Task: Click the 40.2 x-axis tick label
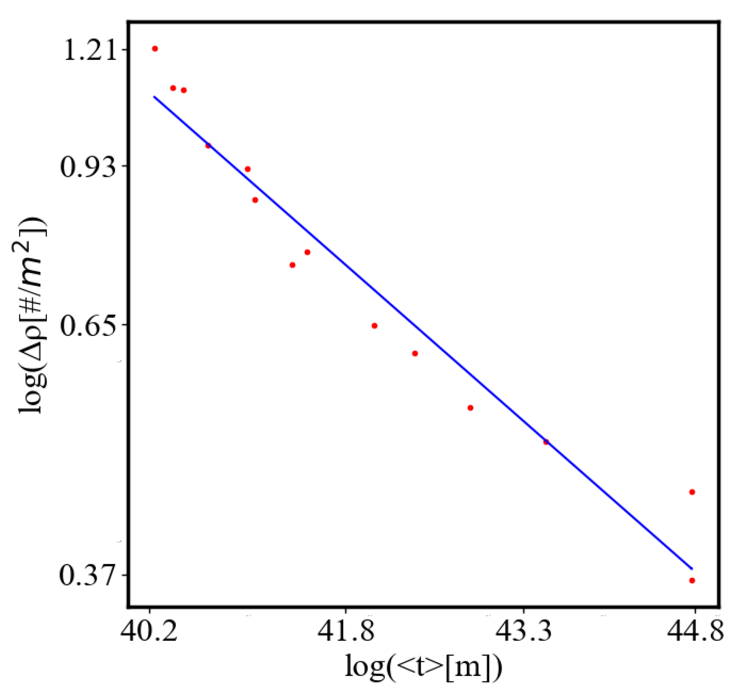pyautogui.click(x=149, y=631)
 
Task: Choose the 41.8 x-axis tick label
pyautogui.click(x=345, y=631)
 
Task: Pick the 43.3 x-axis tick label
pyautogui.click(x=523, y=631)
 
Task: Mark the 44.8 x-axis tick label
pyautogui.click(x=695, y=631)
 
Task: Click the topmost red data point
pyautogui.click(x=155, y=49)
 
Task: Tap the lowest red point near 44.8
pyautogui.click(x=692, y=580)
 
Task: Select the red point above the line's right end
pyautogui.click(x=692, y=492)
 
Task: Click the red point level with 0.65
pyautogui.click(x=375, y=326)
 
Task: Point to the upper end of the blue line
pyautogui.click(x=155, y=96)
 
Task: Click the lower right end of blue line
pyautogui.click(x=692, y=569)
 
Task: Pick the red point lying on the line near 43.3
pyautogui.click(x=546, y=442)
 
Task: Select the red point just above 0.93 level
pyautogui.click(x=247, y=169)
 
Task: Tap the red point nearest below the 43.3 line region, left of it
pyautogui.click(x=470, y=408)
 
